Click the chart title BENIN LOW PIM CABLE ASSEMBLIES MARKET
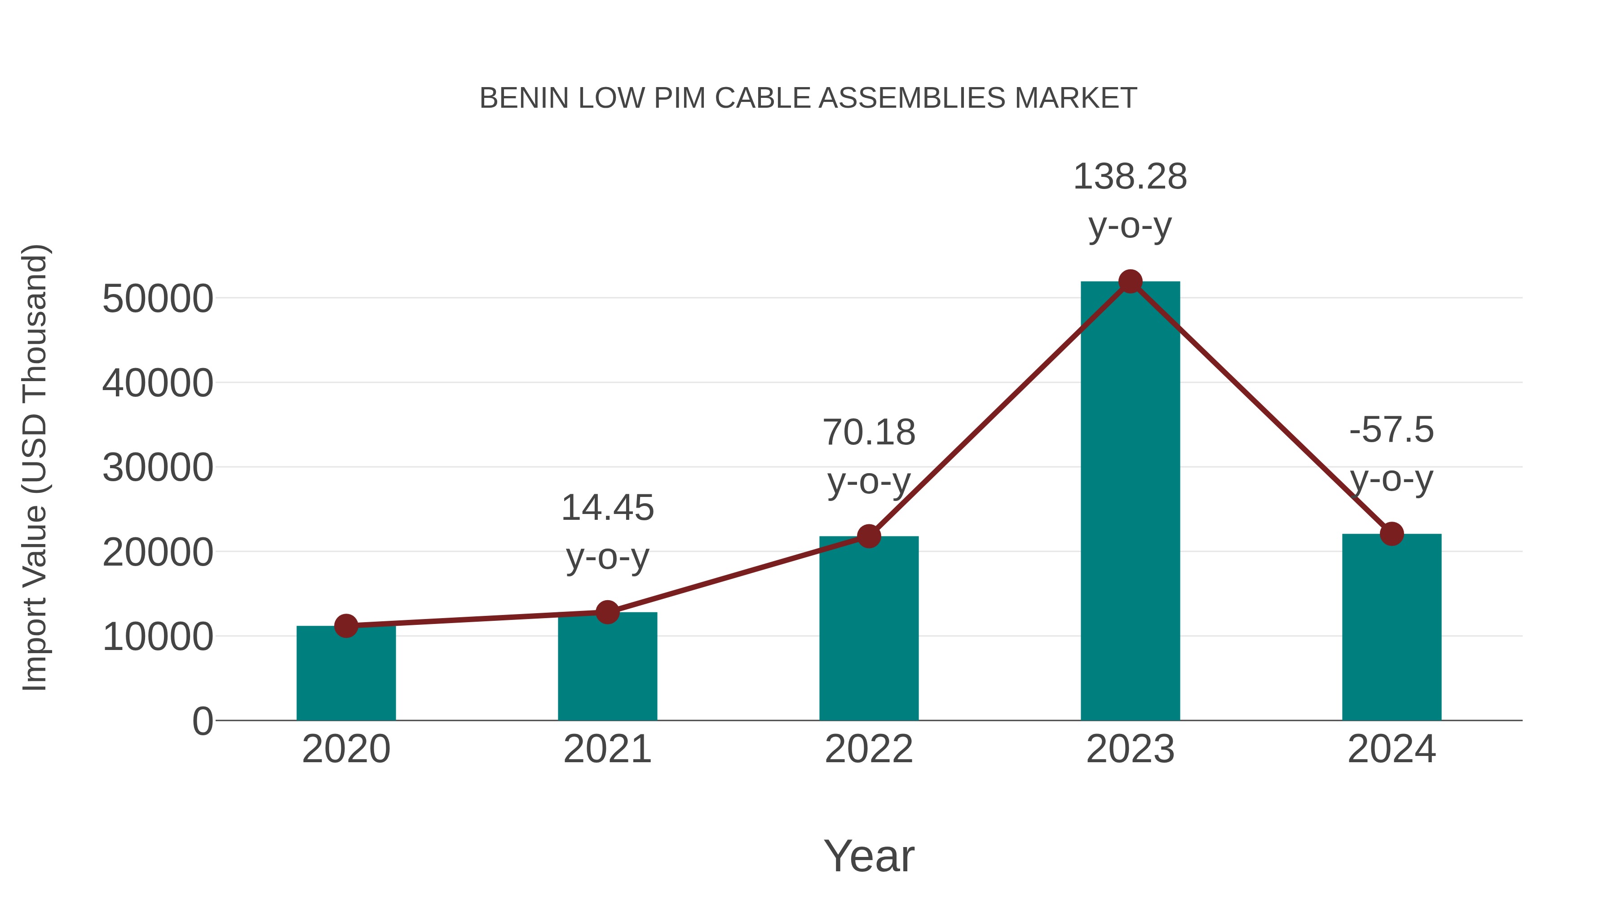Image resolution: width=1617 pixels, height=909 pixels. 808,98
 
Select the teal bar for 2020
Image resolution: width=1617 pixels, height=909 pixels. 346,674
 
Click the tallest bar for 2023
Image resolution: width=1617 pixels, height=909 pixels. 1130,502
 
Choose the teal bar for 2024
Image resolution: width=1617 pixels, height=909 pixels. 1392,628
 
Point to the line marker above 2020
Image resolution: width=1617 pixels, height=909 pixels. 346,625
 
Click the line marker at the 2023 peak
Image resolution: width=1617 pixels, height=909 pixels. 1130,281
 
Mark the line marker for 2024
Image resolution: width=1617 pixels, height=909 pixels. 1392,534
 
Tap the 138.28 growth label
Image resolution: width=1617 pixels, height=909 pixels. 1130,177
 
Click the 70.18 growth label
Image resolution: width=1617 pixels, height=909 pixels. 869,433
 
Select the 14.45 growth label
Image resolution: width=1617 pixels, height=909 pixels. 607,508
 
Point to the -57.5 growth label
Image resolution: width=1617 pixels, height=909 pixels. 1392,430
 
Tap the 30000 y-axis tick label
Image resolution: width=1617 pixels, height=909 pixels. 158,468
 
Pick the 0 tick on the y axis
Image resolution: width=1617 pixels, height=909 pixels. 202,721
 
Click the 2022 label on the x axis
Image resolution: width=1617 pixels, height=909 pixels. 869,749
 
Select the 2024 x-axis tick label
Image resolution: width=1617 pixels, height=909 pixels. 1392,749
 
